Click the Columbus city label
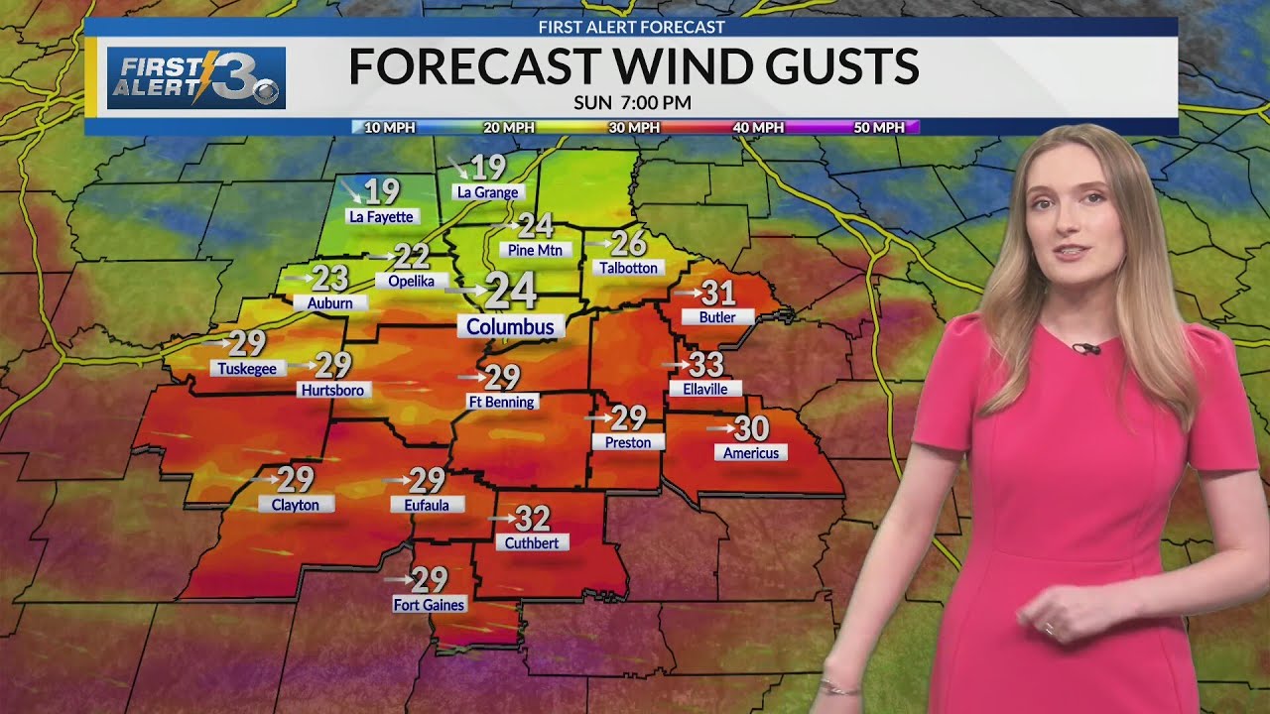point(511,326)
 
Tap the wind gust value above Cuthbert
point(533,518)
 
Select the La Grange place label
point(487,192)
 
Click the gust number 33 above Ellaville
point(705,365)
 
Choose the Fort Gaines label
point(429,604)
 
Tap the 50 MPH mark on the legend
point(880,127)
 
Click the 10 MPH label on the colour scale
point(390,127)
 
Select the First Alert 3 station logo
point(197,77)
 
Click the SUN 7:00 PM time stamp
point(632,102)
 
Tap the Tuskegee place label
point(249,368)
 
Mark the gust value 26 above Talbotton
point(629,243)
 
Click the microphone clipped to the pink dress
point(1087,348)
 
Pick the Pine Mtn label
point(535,250)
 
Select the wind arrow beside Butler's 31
point(686,293)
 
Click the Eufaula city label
point(427,505)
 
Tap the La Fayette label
point(380,216)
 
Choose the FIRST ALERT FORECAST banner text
point(631,28)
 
